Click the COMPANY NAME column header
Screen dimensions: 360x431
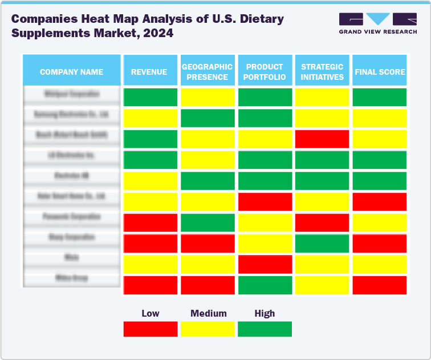[x=71, y=72]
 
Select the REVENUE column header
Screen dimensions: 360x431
[x=149, y=72]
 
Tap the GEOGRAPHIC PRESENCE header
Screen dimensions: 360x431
[x=208, y=72]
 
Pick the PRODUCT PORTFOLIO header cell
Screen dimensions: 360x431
[x=265, y=72]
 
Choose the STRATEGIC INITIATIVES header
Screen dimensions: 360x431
[x=322, y=72]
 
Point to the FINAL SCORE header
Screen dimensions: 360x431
[x=380, y=72]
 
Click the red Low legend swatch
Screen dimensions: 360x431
[x=150, y=329]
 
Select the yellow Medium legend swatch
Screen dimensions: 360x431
[x=208, y=329]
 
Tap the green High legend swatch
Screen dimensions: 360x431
[x=265, y=329]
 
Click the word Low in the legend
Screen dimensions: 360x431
[x=150, y=313]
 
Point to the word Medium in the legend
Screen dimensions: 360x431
[x=208, y=313]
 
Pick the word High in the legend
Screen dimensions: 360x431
[x=265, y=313]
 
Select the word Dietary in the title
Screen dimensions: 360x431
[x=259, y=19]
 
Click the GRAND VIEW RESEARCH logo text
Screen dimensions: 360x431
[x=377, y=31]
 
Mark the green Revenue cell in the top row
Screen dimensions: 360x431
[x=150, y=98]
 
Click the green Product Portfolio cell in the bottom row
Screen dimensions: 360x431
[x=265, y=285]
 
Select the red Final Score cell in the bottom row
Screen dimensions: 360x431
[x=380, y=285]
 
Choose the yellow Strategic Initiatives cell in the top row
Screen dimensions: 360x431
[x=322, y=98]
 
